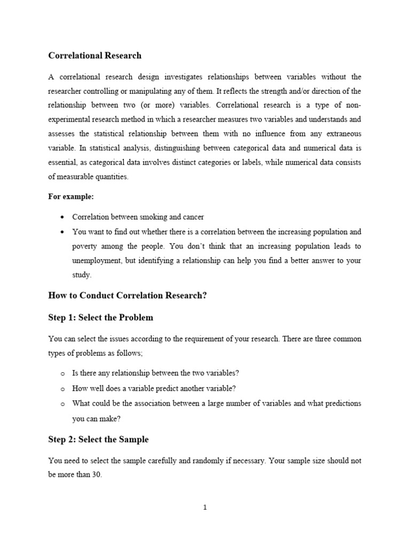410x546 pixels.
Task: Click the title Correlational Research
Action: click(x=95, y=55)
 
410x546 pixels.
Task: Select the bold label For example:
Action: click(x=71, y=197)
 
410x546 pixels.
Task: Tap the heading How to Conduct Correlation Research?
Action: click(x=127, y=295)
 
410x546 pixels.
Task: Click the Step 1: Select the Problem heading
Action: click(x=100, y=317)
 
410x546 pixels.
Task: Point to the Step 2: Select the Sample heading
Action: click(x=98, y=439)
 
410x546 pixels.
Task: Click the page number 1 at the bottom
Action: click(x=204, y=508)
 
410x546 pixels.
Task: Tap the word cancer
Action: click(x=193, y=217)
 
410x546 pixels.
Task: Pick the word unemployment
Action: click(x=97, y=261)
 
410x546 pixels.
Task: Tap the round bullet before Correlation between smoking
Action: click(x=63, y=218)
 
